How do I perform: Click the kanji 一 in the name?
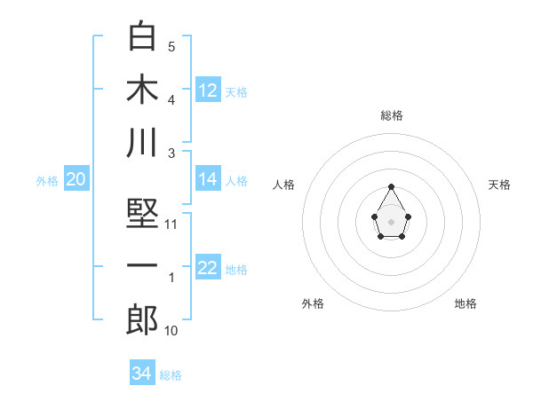click(x=142, y=266)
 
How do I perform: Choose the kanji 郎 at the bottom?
click(x=142, y=319)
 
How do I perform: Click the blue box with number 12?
click(x=208, y=90)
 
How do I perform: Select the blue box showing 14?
click(x=208, y=179)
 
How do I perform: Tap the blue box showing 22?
click(x=208, y=269)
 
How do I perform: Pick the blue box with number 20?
click(x=76, y=180)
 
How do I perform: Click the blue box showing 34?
click(x=141, y=374)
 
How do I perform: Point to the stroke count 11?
click(x=172, y=224)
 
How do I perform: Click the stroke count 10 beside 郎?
click(x=171, y=331)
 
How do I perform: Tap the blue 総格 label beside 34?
click(x=171, y=374)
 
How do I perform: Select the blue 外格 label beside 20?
click(x=47, y=181)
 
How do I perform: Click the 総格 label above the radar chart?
click(x=391, y=115)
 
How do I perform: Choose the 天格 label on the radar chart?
click(x=499, y=185)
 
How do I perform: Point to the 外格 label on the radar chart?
click(x=313, y=303)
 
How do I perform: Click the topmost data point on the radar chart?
click(x=391, y=186)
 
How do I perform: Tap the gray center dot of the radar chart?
click(x=391, y=221)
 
